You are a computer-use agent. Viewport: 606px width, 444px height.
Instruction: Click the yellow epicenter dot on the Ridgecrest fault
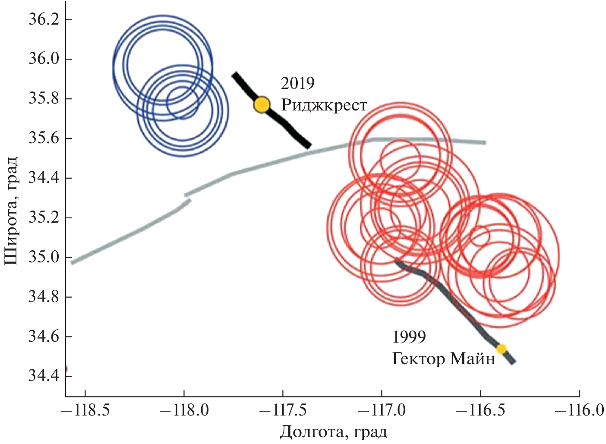(x=262, y=104)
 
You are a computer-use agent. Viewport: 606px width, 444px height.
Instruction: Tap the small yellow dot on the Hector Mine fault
(x=501, y=348)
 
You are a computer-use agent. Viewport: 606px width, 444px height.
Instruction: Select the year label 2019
(x=297, y=83)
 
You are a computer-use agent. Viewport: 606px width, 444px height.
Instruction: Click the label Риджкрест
(x=324, y=105)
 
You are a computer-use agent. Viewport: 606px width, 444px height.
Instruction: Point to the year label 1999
(x=409, y=337)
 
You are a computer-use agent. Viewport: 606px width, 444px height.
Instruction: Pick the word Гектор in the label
(x=417, y=359)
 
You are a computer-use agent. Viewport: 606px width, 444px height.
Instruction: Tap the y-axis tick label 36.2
(x=43, y=20)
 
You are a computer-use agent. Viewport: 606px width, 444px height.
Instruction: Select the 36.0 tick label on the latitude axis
(x=43, y=59)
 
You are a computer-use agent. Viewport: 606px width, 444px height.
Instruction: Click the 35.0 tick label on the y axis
(x=43, y=258)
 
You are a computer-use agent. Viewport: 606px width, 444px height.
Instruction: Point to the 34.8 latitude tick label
(x=43, y=297)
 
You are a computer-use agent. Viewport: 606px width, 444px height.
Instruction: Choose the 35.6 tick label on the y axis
(x=43, y=139)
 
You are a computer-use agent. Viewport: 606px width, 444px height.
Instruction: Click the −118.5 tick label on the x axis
(x=85, y=410)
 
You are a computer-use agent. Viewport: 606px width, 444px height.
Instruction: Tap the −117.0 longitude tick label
(x=382, y=410)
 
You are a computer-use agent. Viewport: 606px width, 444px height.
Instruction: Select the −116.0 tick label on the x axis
(x=579, y=410)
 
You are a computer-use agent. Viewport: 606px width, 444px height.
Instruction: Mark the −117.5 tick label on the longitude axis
(x=283, y=410)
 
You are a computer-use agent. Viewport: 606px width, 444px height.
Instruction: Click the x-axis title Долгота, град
(x=333, y=432)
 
